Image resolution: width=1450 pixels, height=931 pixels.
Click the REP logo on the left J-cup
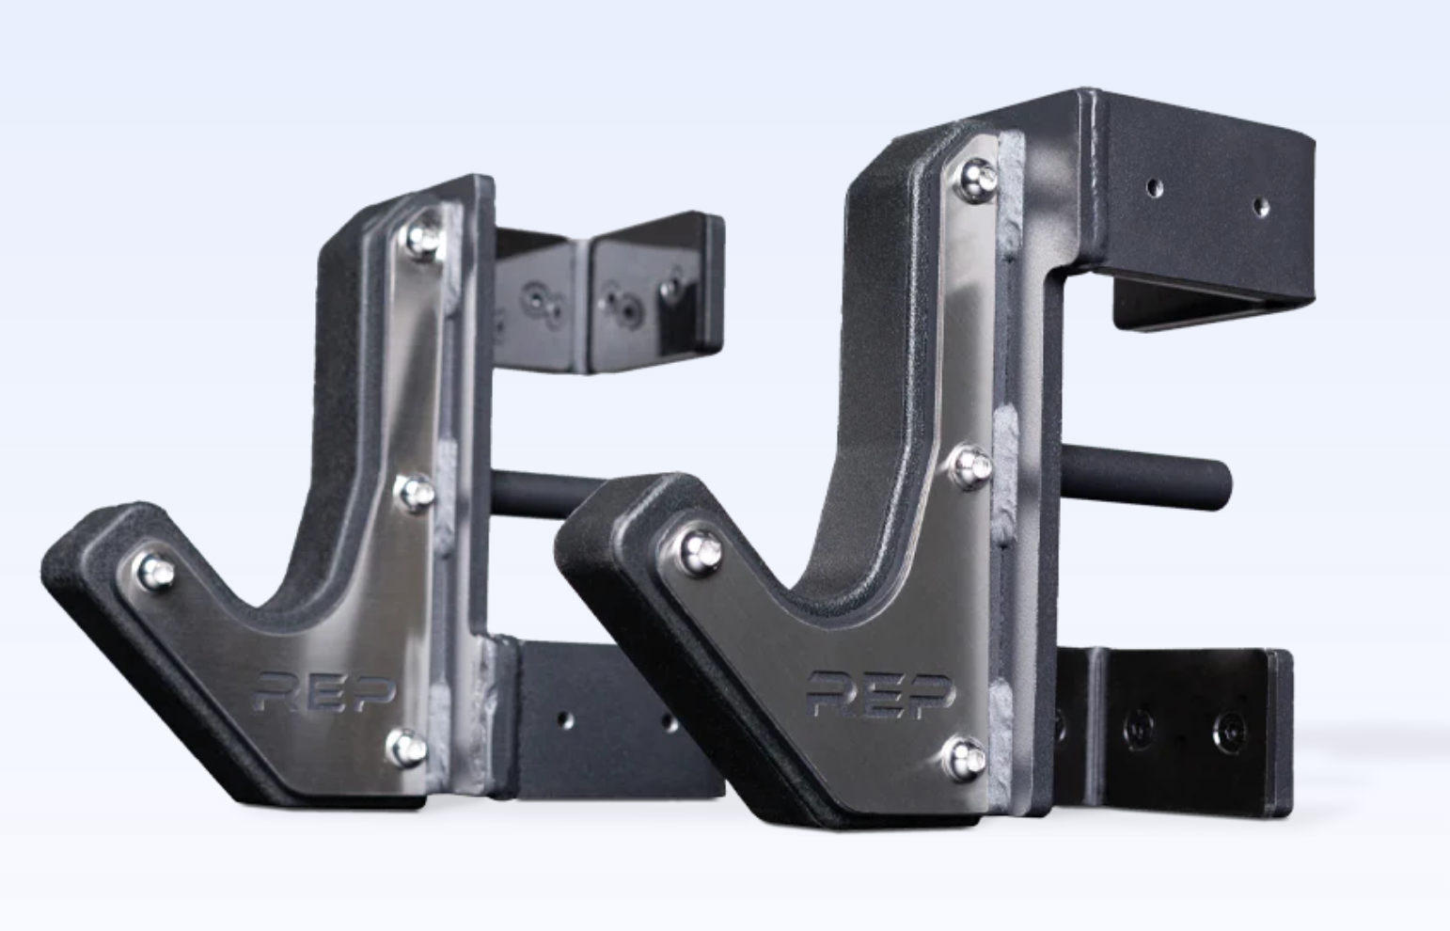[x=325, y=694]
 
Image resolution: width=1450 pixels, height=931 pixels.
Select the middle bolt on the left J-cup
[x=415, y=491]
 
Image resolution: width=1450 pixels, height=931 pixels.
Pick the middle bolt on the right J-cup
[x=972, y=463]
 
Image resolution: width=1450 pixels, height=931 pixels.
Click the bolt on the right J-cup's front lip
[x=701, y=547]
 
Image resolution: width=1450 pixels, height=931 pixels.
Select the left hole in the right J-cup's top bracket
[x=1154, y=187]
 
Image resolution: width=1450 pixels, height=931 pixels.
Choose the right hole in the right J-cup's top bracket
[x=1260, y=206]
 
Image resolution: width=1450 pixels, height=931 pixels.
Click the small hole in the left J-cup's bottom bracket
[x=565, y=719]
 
